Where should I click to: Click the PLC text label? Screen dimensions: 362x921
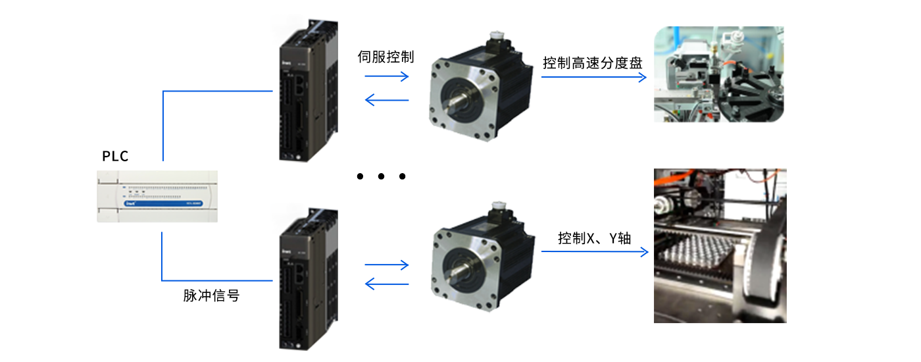115,157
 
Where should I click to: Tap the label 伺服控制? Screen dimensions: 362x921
386,57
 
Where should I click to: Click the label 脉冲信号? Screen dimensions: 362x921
211,296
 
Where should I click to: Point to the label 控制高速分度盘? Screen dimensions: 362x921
592,63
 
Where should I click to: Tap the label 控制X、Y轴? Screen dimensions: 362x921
594,238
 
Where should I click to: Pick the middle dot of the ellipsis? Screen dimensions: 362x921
381,176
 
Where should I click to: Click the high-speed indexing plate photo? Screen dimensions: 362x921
719,74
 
